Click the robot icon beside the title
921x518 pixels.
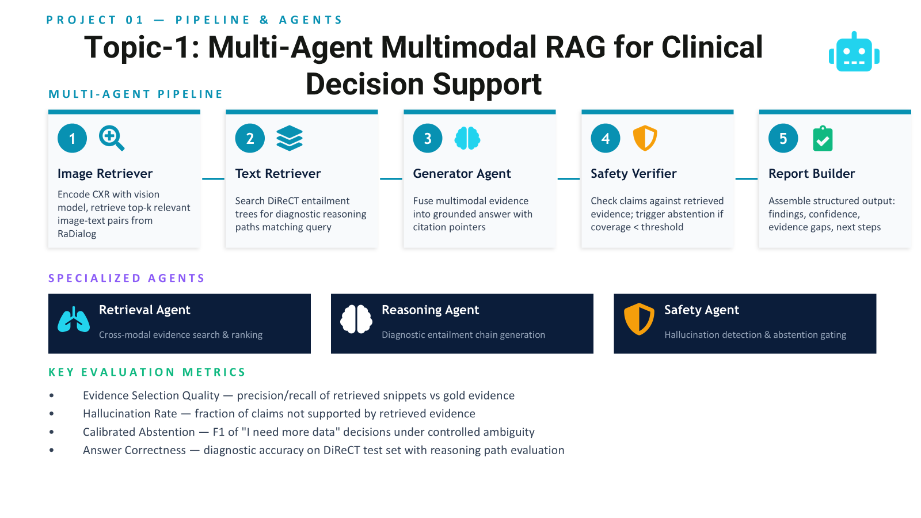[854, 52]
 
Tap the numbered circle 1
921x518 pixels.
[73, 138]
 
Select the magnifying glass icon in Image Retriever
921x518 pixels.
[112, 139]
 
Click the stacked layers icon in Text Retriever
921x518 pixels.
[290, 138]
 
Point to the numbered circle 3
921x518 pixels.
[428, 138]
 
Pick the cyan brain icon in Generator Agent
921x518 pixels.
[467, 138]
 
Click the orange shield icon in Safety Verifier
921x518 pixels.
[645, 138]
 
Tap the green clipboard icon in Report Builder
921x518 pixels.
[823, 139]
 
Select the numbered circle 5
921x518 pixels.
[783, 138]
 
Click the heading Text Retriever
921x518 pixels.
[278, 173]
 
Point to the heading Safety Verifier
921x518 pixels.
[634, 173]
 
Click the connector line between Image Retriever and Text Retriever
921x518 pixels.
[213, 179]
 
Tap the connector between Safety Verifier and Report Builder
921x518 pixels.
[746, 179]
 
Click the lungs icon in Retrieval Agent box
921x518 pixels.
[74, 319]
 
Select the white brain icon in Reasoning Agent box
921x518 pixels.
[356, 319]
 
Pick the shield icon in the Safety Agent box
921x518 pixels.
[639, 319]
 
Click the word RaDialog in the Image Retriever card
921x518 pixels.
[77, 234]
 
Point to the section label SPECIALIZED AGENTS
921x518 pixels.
[127, 279]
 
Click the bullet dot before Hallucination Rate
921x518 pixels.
[51, 414]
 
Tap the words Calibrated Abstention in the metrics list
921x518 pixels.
[139, 432]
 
